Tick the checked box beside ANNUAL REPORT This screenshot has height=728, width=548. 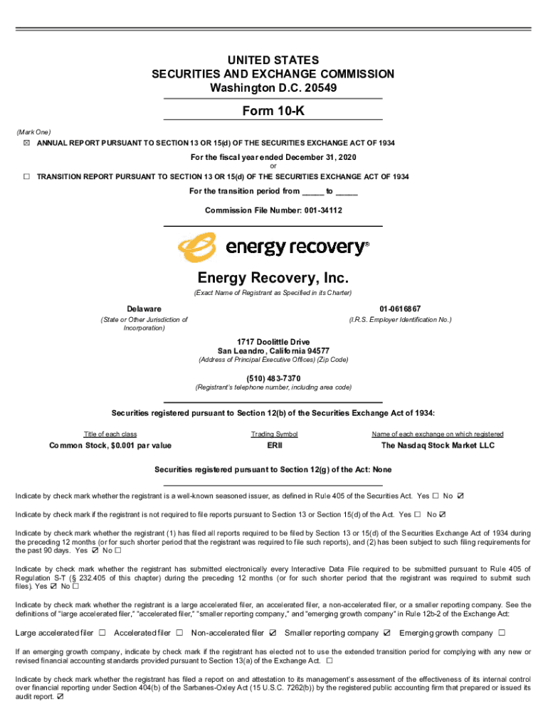(26, 143)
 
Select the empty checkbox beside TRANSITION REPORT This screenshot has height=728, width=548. (26, 176)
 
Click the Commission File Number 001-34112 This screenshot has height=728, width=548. (273, 210)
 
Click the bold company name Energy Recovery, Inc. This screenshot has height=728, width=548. (273, 277)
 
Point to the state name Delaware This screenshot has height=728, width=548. (144, 309)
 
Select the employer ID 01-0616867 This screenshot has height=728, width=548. (400, 309)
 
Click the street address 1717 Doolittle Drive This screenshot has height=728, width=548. (273, 341)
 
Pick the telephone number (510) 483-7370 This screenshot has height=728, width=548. (273, 378)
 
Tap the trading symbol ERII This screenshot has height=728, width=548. (274, 446)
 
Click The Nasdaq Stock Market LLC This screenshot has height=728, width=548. (437, 446)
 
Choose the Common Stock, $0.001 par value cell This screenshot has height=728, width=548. (110, 446)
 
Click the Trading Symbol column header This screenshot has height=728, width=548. (274, 434)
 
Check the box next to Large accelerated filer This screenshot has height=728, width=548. (102, 633)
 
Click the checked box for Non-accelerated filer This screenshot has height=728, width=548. (273, 633)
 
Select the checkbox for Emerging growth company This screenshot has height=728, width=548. (502, 633)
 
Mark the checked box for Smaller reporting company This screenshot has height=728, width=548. (387, 633)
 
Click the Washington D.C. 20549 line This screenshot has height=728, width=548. (273, 88)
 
